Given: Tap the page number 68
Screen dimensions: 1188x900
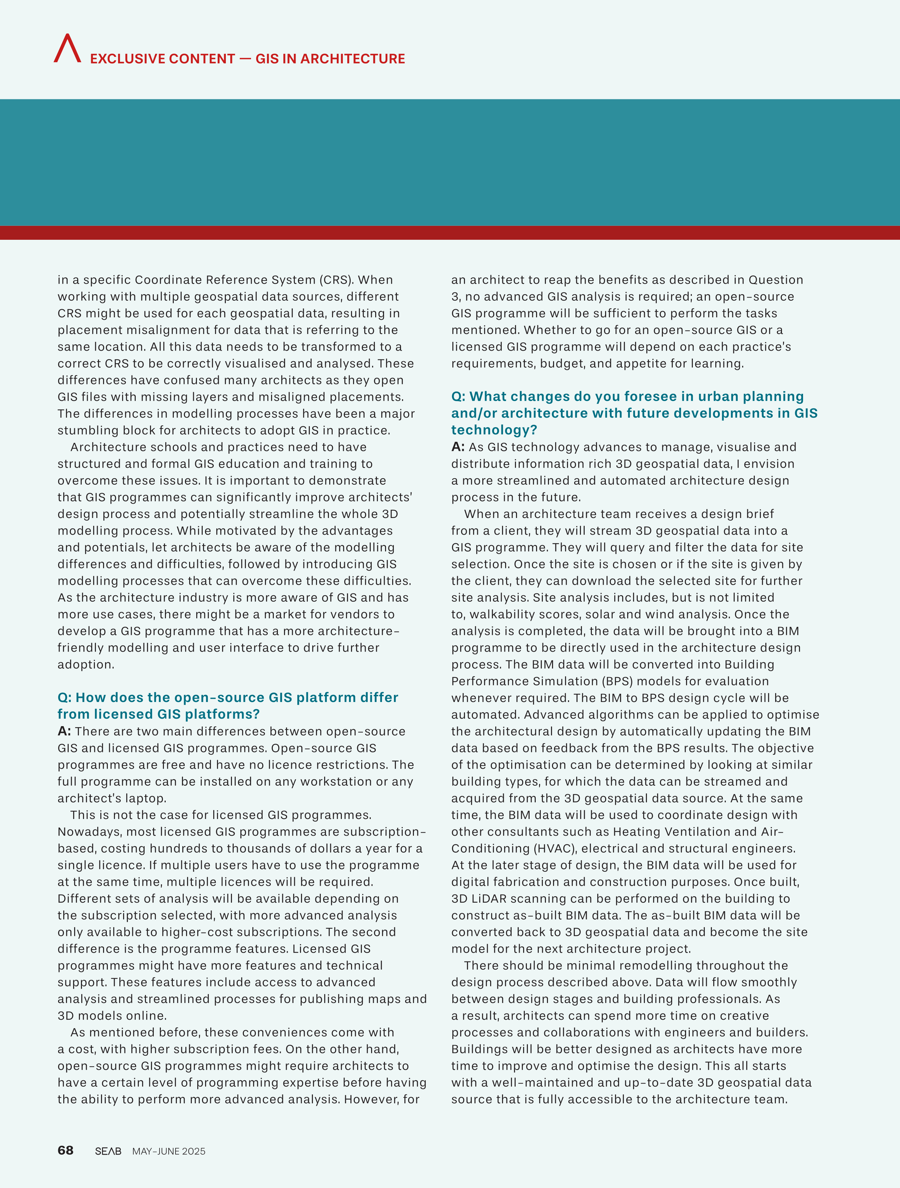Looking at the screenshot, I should coord(66,1150).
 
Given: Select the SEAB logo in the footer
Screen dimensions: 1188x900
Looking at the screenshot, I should coord(108,1151).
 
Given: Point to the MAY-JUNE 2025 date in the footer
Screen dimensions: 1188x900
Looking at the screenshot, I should coord(169,1151).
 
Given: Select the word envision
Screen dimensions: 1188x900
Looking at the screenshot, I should coord(768,464).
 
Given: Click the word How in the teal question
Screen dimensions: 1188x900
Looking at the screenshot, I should coord(88,697).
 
